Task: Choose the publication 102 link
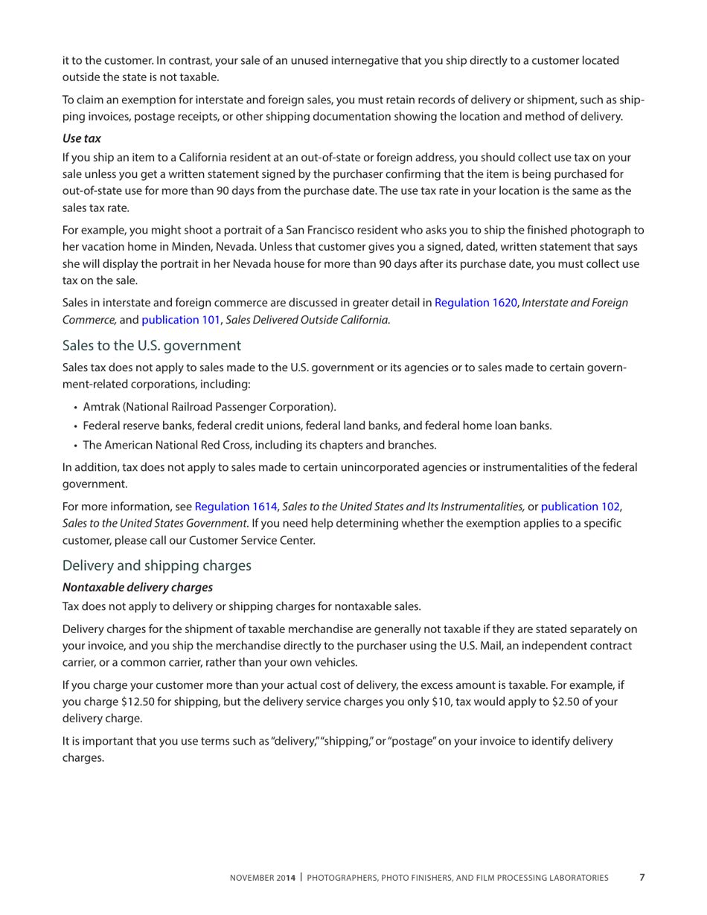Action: (580, 507)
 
